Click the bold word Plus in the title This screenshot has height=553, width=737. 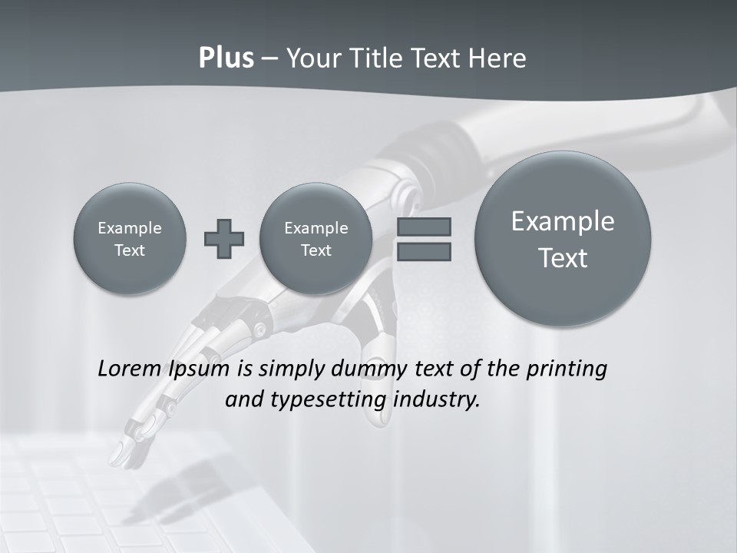click(x=226, y=58)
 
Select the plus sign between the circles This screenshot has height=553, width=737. click(x=224, y=239)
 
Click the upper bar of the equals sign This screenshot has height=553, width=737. click(x=423, y=227)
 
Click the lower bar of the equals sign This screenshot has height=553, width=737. click(x=423, y=251)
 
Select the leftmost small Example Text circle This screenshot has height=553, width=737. click(x=130, y=239)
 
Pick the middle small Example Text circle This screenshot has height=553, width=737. click(x=316, y=239)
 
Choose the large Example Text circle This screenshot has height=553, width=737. click(x=563, y=239)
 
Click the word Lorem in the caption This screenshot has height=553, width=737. click(x=130, y=369)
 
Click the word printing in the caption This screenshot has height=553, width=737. click(x=566, y=369)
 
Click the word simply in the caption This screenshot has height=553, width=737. click(x=292, y=369)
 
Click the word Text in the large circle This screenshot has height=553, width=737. click(x=563, y=258)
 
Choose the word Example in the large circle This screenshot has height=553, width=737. click(x=563, y=221)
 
